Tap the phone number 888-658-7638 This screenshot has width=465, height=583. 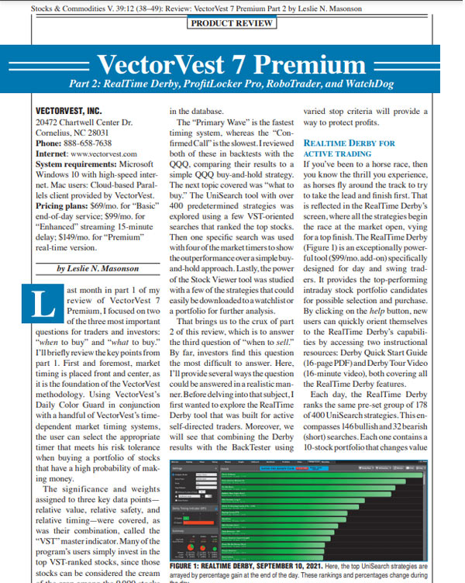tap(92, 143)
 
